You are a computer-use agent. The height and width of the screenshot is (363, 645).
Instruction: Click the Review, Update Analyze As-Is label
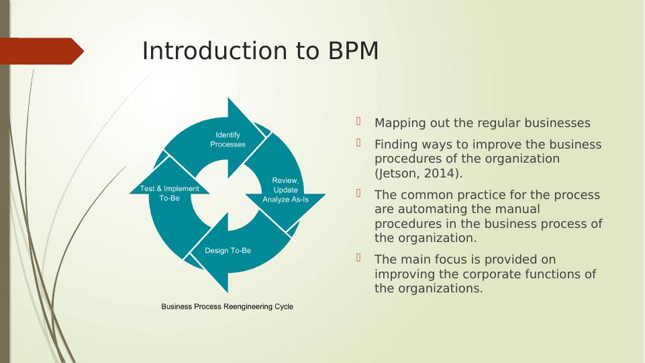(x=285, y=190)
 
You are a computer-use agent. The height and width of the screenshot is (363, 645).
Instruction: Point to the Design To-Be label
(x=228, y=251)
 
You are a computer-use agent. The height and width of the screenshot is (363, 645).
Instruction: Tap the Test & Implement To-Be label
(x=169, y=194)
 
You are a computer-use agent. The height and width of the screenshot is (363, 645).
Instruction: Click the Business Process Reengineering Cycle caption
(x=227, y=307)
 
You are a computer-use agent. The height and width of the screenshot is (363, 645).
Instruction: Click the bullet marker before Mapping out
(x=359, y=122)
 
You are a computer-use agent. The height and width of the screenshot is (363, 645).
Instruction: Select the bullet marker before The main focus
(x=359, y=258)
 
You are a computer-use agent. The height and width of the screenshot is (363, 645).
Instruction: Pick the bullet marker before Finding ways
(x=359, y=143)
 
